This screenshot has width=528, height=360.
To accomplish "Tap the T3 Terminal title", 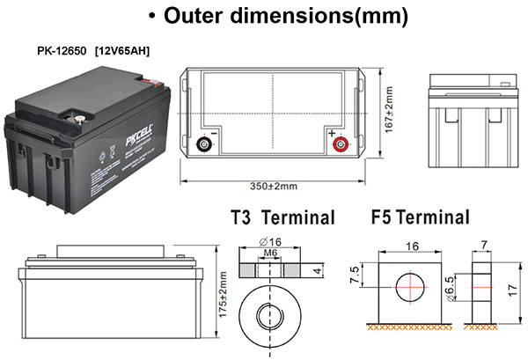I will tap(282, 217).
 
